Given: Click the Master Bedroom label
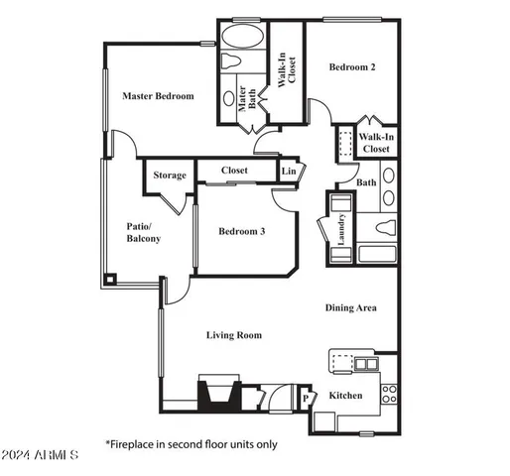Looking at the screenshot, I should pos(158,96).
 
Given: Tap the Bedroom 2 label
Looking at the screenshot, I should pos(352,67).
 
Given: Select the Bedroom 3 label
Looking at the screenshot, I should pos(242,231).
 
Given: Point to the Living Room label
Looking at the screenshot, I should pos(234,335).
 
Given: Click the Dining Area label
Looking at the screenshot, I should pos(351,307).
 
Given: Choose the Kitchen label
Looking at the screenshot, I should pos(345,396).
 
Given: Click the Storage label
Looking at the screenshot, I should pos(170,176).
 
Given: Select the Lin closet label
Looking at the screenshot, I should pos(289,172).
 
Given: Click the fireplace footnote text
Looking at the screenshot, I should pos(192,444).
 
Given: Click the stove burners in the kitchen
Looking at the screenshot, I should pos(389,393).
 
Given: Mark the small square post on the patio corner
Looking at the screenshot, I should pos(109,278).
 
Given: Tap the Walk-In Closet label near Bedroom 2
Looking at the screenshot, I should pos(375,143).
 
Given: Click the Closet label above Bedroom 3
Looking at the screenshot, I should pos(235,171).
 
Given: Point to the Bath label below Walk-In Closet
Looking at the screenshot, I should pos(367,182).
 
